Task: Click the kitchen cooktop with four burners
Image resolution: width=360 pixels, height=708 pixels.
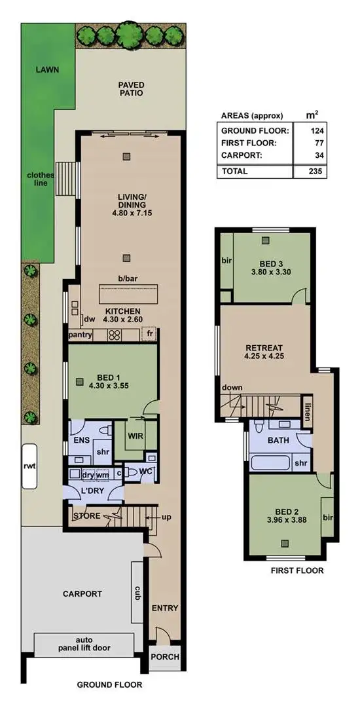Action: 114,335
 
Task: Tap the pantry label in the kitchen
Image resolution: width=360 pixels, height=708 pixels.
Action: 80,335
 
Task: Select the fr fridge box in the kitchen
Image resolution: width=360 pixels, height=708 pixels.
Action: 150,335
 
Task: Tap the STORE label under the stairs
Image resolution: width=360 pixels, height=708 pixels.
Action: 86,515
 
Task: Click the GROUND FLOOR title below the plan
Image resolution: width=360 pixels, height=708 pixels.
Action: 109,686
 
